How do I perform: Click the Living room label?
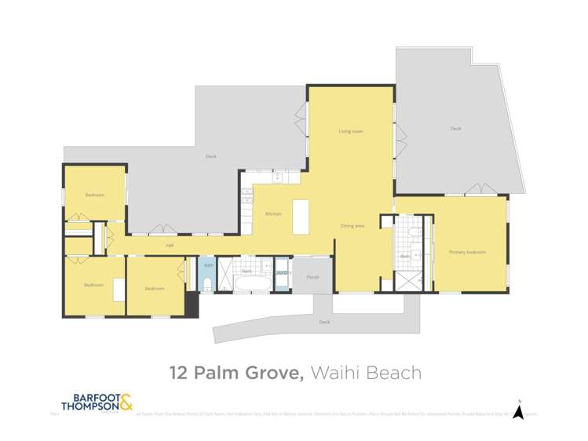pos(350,131)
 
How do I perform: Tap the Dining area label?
pos(352,226)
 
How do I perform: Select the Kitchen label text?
pos(272,213)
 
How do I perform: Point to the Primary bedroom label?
pos(467,252)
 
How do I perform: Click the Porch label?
pos(312,277)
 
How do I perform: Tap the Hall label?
pos(169,246)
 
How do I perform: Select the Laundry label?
pos(283,272)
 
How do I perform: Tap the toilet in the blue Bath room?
pos(207,282)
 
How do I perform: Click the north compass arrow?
pos(518,411)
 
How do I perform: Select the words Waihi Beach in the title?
pos(366,373)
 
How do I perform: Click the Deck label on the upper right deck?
pos(455,128)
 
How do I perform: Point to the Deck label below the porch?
pos(324,322)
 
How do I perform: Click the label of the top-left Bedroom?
pos(94,195)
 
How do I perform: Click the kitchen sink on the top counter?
pos(277,178)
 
